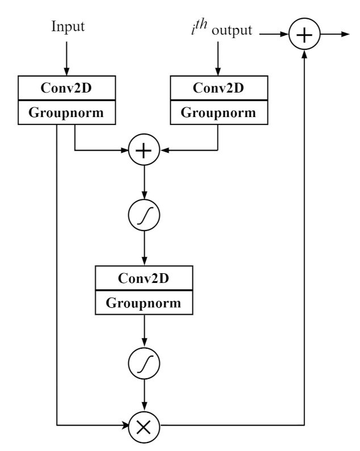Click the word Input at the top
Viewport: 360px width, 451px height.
click(x=68, y=27)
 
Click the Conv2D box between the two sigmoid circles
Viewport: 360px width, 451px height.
click(x=144, y=278)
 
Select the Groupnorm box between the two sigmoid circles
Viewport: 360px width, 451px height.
click(x=144, y=302)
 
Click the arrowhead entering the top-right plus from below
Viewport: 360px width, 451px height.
click(x=305, y=55)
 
